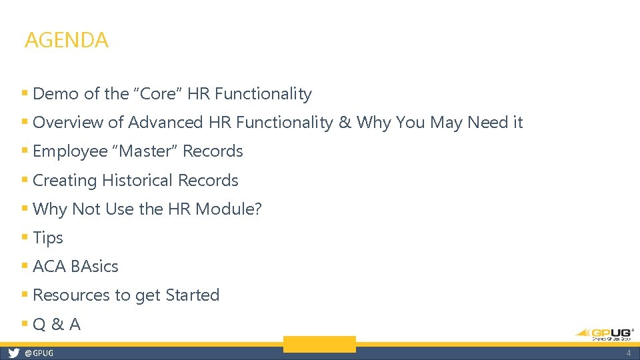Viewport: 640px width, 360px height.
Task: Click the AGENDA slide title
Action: (x=66, y=40)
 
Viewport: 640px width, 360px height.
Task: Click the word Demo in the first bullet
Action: (x=51, y=94)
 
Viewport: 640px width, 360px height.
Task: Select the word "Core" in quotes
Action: (x=157, y=94)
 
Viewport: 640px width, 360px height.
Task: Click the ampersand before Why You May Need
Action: (x=344, y=123)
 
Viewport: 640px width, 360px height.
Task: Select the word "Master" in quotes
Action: (x=148, y=151)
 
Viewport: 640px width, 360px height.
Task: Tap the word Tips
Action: (x=48, y=238)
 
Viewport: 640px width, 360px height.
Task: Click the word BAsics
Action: (x=95, y=267)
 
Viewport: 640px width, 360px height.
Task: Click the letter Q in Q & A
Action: (x=39, y=325)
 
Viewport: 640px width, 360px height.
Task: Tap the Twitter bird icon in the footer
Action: (x=13, y=353)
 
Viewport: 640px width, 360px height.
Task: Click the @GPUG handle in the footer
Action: (x=39, y=353)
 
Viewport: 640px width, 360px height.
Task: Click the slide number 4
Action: (x=628, y=353)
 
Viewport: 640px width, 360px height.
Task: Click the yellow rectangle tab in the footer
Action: (x=319, y=344)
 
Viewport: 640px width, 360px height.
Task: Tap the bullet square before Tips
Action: (x=25, y=237)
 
